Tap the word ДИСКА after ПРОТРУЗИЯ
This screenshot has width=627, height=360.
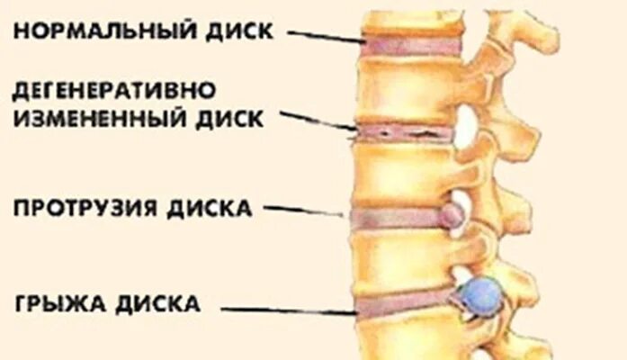click(x=210, y=209)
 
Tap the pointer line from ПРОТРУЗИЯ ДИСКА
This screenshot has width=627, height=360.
click(x=306, y=212)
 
